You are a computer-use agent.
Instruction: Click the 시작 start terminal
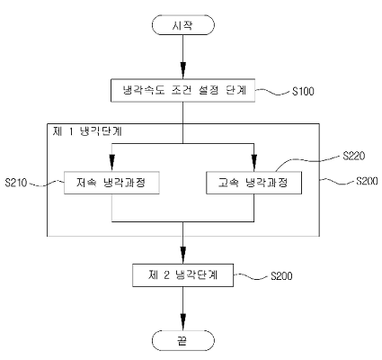tap(183, 25)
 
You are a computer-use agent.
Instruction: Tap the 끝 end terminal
tap(183, 340)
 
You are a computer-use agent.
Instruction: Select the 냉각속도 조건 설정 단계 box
tap(183, 91)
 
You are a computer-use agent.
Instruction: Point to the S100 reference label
tap(303, 91)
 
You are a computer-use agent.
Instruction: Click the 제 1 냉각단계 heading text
tap(87, 131)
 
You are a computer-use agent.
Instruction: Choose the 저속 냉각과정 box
tap(111, 183)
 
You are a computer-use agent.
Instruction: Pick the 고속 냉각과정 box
tap(254, 183)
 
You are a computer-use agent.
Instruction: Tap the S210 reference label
tap(16, 183)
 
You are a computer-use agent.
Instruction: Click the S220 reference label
tap(354, 156)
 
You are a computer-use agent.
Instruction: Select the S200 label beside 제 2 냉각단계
tap(281, 276)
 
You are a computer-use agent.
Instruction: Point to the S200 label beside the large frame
tap(367, 181)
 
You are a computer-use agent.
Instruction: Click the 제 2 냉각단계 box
tap(183, 275)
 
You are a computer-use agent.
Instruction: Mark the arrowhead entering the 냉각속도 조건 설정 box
tap(183, 70)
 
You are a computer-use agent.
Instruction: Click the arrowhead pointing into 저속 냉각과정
tap(111, 163)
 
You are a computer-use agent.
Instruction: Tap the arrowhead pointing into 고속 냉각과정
tap(254, 163)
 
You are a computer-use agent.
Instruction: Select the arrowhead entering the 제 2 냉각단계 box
tap(183, 256)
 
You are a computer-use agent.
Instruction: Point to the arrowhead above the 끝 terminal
tap(183, 322)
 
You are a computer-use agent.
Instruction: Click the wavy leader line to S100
tap(273, 92)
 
